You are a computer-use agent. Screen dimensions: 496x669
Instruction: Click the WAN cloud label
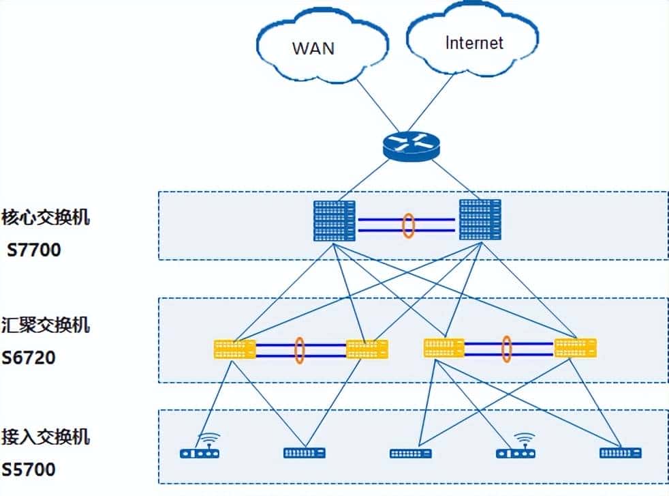[313, 48]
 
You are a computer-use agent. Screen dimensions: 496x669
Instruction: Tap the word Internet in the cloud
[474, 43]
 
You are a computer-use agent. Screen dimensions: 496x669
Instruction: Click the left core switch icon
[334, 220]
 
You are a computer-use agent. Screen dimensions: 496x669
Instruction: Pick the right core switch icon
[480, 220]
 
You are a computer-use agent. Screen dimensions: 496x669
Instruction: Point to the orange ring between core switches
[408, 226]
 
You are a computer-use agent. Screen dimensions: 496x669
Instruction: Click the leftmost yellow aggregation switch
[234, 349]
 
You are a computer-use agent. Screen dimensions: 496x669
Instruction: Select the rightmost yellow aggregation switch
[576, 348]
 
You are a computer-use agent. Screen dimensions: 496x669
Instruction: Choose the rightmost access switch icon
[620, 452]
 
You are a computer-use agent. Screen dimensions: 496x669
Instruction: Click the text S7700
[34, 250]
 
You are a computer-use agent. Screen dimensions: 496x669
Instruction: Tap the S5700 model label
[29, 470]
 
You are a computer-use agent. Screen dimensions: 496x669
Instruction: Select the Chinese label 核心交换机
[46, 218]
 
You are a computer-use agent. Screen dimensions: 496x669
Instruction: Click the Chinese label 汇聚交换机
[46, 325]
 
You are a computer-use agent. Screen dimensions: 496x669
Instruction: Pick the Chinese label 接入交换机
[46, 437]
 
